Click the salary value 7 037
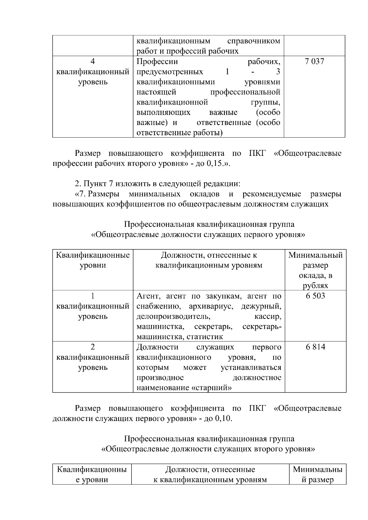point(314,62)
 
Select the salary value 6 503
point(315,296)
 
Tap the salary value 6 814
point(315,347)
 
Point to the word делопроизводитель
point(173,316)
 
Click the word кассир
point(268,316)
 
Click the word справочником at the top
point(254,41)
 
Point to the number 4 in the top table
point(93,62)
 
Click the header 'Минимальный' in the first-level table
point(315,255)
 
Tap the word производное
point(160,378)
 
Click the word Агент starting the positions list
point(147,296)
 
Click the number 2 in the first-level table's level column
point(93,347)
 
